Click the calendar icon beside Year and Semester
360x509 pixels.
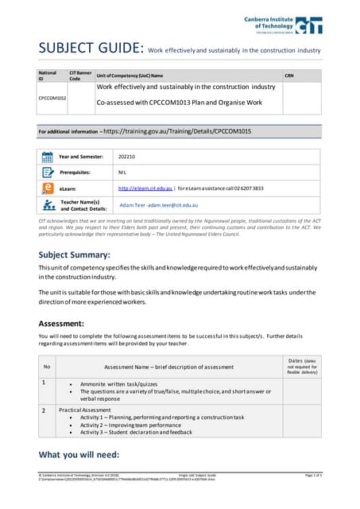pyautogui.click(x=47, y=157)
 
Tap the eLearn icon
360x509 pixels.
pyautogui.click(x=47, y=188)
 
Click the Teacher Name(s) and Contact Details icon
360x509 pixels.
pyautogui.click(x=47, y=205)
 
